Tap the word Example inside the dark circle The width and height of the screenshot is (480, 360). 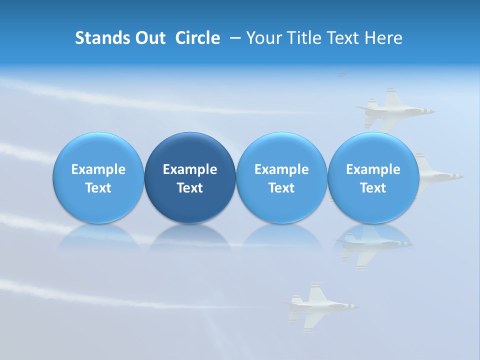click(190, 169)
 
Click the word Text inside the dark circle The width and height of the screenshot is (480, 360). click(190, 188)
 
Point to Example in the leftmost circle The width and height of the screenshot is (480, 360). click(98, 169)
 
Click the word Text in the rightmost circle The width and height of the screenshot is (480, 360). click(373, 188)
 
